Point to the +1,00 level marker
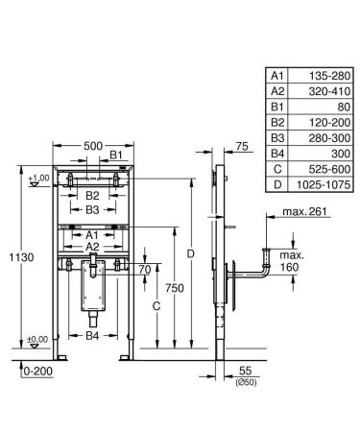tap(37, 180)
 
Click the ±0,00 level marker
tap(37, 339)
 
